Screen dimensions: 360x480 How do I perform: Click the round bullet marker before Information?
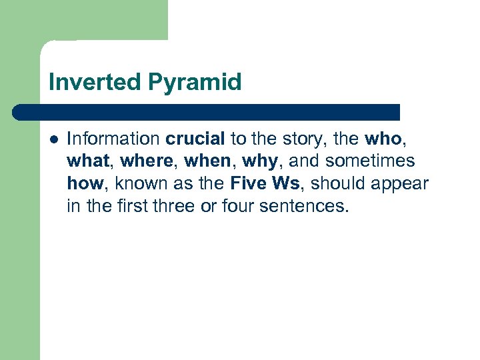click(x=54, y=139)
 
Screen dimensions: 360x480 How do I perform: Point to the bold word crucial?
click(x=196, y=139)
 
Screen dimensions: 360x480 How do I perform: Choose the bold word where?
click(x=145, y=161)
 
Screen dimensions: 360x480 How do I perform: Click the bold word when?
click(x=205, y=161)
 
